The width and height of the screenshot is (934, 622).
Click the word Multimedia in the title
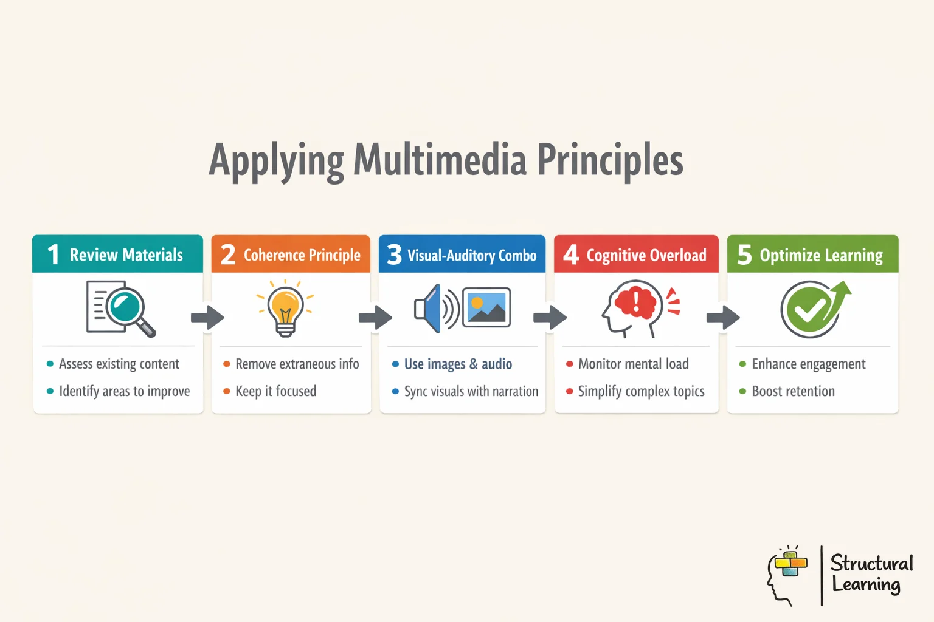440,160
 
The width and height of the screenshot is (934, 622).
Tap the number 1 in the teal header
54,255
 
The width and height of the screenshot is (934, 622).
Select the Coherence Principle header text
302,255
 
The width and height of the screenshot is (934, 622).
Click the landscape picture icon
486,307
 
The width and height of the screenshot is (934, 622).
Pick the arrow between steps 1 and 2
207,316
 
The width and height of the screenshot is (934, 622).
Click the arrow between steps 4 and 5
723,316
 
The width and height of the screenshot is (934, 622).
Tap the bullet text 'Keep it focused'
275,391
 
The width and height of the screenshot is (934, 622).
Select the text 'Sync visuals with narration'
471,391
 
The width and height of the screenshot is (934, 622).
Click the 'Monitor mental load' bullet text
633,364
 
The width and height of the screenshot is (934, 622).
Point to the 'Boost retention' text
793,391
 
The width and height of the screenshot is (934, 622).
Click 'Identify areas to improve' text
124,391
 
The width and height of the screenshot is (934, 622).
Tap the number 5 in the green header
744,255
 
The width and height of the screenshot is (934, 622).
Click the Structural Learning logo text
871,573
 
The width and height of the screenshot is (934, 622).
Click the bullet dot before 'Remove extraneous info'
227,364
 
